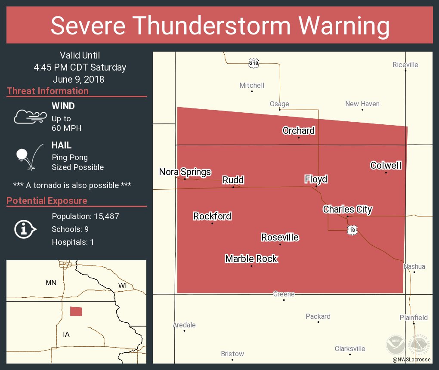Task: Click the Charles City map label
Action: coord(347,210)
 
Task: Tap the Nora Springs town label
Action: coord(185,172)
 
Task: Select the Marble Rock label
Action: coord(251,259)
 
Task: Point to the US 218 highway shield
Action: coord(254,63)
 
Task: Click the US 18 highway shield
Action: coord(352,230)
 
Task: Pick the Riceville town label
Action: coord(405,65)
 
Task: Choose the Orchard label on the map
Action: coord(298,130)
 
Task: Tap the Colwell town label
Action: coord(386,165)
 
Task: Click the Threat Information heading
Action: coord(48,91)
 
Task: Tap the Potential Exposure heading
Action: coord(47,200)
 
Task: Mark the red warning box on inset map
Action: coord(76,311)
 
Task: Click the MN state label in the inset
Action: coord(51,283)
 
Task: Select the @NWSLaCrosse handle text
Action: coord(411,360)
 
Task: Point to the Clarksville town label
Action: coord(350,348)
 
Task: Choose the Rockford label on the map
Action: coord(212,216)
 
